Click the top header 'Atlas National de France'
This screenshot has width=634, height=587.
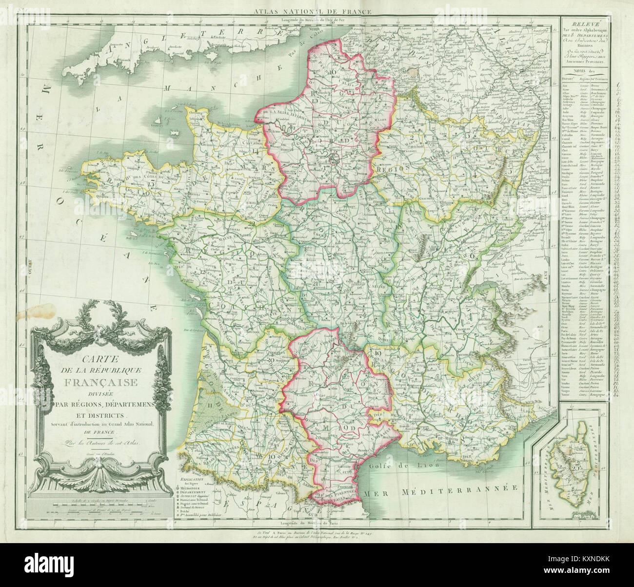pos(317,11)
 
